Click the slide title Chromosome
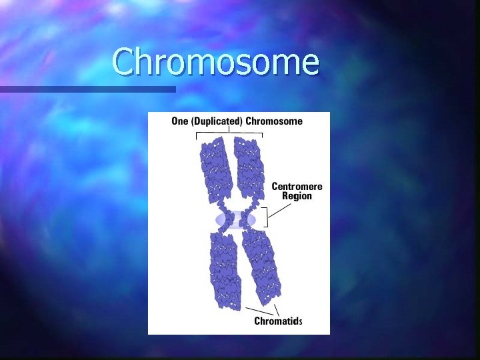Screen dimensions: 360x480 tap(215, 62)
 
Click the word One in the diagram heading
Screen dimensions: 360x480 tap(179, 121)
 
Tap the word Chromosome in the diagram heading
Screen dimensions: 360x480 tap(274, 121)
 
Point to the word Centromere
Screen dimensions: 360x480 tap(297, 186)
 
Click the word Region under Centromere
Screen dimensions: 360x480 tap(297, 196)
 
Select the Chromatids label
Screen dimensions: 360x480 tap(278, 321)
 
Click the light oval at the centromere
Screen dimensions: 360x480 tap(235, 219)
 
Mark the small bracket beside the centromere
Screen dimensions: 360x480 tap(266, 217)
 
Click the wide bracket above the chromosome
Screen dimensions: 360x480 tap(229, 134)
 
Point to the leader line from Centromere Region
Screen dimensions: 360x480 tap(280, 209)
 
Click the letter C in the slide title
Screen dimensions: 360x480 tap(124, 62)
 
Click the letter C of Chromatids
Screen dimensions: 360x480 tap(257, 321)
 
